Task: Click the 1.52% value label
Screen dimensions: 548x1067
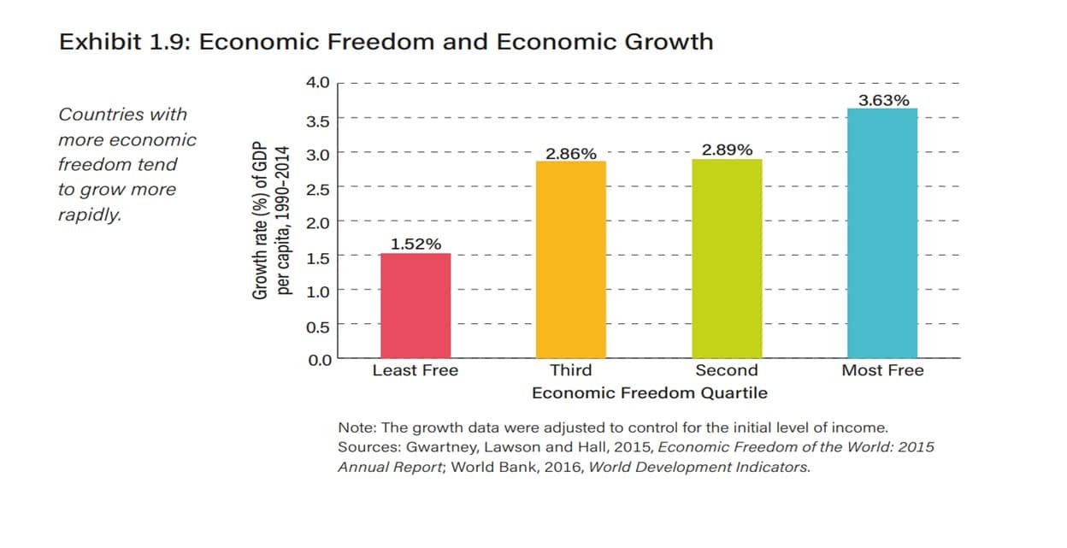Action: (x=416, y=245)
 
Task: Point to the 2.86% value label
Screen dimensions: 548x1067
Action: (x=571, y=154)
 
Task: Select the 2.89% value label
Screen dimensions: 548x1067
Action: (x=727, y=150)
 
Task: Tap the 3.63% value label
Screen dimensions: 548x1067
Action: (x=883, y=100)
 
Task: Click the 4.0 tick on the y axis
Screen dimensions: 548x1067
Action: (x=318, y=83)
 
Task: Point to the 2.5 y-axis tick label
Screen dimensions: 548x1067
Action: (x=318, y=189)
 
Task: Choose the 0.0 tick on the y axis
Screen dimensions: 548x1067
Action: (x=318, y=360)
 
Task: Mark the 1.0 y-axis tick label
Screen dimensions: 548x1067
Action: (x=318, y=292)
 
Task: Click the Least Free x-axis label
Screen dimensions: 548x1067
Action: (x=416, y=370)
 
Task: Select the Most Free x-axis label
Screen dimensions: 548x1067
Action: (x=882, y=370)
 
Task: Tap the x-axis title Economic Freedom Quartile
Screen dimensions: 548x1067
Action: (x=649, y=393)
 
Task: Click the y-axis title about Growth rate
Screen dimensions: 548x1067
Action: (x=271, y=220)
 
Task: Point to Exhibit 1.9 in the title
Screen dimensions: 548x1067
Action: (x=124, y=42)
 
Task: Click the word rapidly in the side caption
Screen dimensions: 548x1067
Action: (x=90, y=215)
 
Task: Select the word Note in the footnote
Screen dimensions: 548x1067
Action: (x=355, y=427)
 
